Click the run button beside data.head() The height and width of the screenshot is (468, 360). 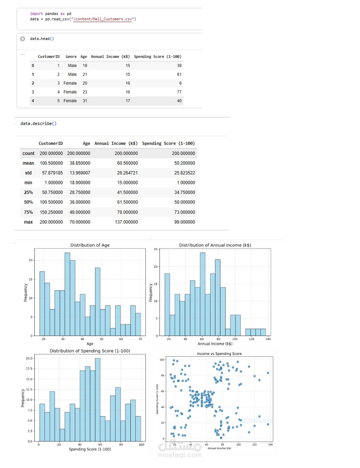click(22, 39)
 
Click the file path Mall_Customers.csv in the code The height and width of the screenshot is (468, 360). click(103, 19)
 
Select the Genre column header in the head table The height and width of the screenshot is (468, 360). click(71, 57)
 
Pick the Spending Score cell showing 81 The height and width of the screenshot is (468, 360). click(179, 74)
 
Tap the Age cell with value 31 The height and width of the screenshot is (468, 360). click(85, 101)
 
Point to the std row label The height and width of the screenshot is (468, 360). click(28, 173)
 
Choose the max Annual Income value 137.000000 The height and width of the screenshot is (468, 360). click(126, 222)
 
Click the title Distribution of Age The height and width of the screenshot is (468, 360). click(90, 245)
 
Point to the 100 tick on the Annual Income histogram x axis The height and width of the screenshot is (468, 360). click(235, 339)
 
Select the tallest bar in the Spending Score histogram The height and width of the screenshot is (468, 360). click(97, 399)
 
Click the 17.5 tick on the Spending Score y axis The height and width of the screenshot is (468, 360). click(29, 369)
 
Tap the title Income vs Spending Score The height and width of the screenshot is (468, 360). click(219, 354)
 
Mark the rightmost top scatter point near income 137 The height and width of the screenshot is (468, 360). click(268, 373)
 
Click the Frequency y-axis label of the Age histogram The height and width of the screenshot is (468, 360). click(25, 292)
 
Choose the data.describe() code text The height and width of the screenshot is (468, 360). click(38, 124)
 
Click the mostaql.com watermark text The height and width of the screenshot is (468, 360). click(180, 455)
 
